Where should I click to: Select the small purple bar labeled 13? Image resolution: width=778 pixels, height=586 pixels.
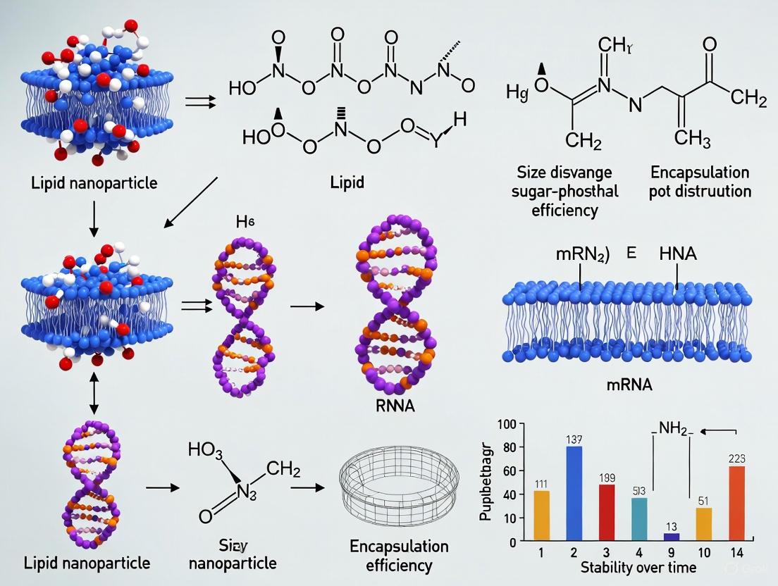coord(653,536)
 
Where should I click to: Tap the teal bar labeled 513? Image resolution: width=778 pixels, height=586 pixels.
coord(619,518)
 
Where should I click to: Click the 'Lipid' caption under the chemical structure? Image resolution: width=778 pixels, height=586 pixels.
coord(348,182)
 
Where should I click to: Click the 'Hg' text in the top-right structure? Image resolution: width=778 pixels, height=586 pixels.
coord(517,92)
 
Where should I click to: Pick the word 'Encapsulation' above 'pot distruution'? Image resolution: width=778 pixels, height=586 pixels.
coord(699,173)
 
